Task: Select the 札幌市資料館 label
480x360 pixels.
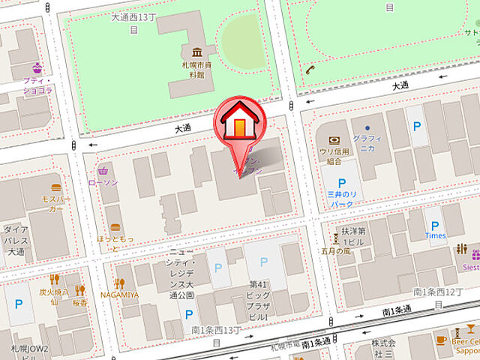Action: (x=196, y=70)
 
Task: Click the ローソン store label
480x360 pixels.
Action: (x=103, y=182)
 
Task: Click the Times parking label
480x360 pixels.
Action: (x=435, y=235)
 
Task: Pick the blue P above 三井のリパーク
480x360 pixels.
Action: (x=341, y=182)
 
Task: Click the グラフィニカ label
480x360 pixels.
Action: (x=367, y=143)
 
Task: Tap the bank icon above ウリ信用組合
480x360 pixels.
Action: (x=333, y=139)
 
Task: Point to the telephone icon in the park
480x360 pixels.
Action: (x=310, y=69)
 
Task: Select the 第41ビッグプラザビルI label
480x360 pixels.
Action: (x=259, y=294)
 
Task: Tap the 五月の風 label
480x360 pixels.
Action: (x=337, y=251)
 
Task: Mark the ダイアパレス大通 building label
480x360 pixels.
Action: (x=16, y=241)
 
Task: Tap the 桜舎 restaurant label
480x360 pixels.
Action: (x=80, y=302)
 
